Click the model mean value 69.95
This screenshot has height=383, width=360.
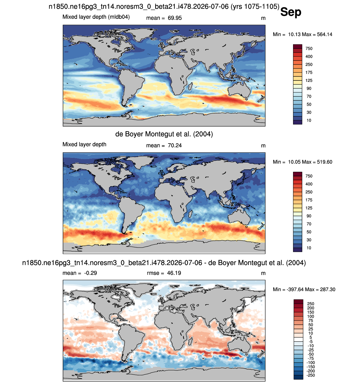click(175, 18)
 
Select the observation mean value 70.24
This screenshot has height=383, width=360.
click(175, 146)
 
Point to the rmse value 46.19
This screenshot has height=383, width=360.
click(174, 273)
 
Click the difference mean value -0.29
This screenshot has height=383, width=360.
click(90, 273)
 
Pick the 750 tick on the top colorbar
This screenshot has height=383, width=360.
click(309, 49)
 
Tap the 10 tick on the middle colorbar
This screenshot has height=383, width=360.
click(309, 248)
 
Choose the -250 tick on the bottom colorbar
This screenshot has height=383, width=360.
click(310, 375)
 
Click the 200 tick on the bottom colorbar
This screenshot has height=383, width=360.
click(311, 308)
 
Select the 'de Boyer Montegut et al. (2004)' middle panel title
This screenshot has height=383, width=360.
click(164, 134)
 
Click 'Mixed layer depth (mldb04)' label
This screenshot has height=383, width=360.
click(96, 17)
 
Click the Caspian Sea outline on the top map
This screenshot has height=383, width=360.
click(192, 52)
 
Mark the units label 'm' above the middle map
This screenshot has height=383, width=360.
click(263, 146)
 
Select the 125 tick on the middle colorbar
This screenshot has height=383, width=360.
click(309, 208)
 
